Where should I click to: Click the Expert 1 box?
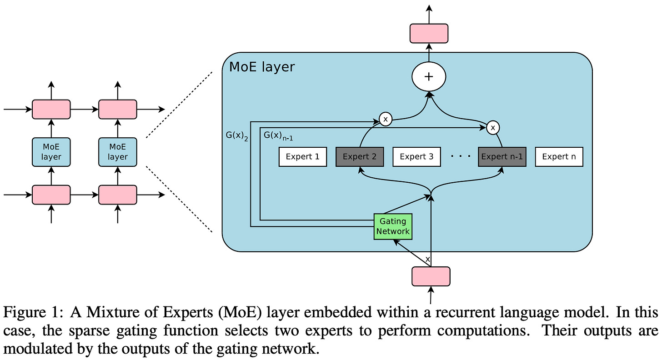(x=303, y=157)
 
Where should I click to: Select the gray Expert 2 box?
(x=360, y=157)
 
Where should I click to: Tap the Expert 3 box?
(x=416, y=157)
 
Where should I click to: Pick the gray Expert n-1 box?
(x=502, y=157)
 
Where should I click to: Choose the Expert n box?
(x=559, y=157)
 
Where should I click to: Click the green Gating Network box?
(x=393, y=226)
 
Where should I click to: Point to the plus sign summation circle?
(x=428, y=77)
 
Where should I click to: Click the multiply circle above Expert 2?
(x=385, y=119)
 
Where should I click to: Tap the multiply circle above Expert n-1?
(x=493, y=128)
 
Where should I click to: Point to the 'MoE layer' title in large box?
(x=262, y=67)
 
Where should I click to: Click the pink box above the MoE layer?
(x=429, y=33)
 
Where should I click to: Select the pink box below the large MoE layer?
(x=431, y=276)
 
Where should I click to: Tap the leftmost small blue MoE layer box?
(x=51, y=152)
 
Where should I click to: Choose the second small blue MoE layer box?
(x=117, y=152)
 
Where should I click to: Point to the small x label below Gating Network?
(x=427, y=259)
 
